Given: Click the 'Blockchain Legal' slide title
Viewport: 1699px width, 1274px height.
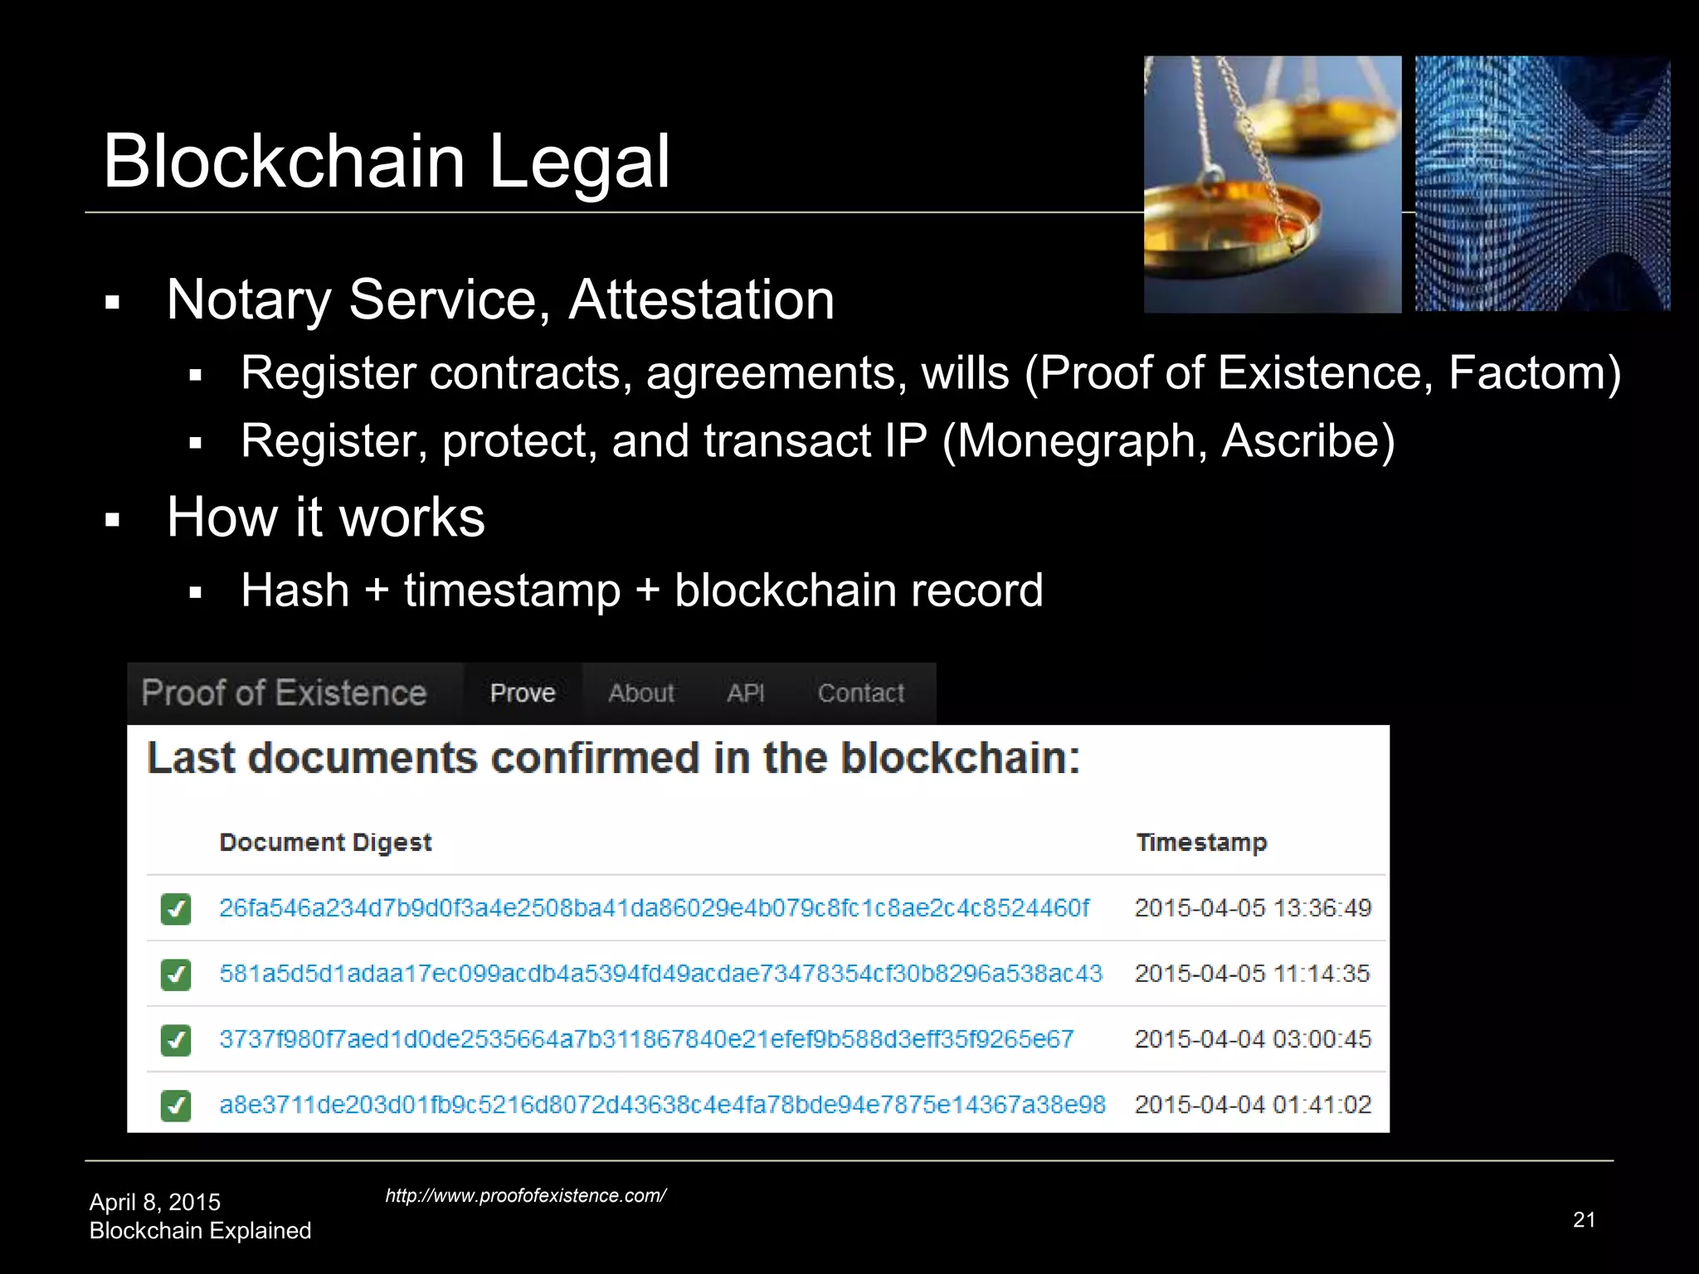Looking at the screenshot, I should click(x=386, y=161).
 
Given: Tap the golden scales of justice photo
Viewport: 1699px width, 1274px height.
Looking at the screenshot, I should click(x=1272, y=184).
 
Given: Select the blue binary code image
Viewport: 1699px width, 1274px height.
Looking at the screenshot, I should click(x=1542, y=184).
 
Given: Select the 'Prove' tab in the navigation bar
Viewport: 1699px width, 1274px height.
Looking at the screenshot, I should click(x=523, y=693).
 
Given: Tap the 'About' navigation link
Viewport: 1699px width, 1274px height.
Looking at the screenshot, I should click(x=641, y=693).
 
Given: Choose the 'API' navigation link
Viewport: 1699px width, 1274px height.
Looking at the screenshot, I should click(x=746, y=693).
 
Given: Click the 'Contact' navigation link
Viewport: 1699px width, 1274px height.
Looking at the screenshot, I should click(x=861, y=693).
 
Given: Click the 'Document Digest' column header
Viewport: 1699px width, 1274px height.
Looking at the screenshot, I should click(x=325, y=842).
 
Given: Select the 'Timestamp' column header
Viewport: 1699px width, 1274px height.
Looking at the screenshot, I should click(x=1201, y=842).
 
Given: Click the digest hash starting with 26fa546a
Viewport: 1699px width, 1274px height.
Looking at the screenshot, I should click(x=654, y=908).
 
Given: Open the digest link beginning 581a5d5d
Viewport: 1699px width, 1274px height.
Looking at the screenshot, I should click(x=660, y=974).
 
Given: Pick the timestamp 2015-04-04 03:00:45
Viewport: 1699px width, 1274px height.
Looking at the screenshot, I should click(x=1253, y=1039).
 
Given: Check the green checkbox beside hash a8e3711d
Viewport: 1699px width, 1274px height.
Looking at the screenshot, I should click(x=176, y=1106).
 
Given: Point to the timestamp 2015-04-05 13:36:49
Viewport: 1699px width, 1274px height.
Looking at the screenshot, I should click(x=1253, y=908).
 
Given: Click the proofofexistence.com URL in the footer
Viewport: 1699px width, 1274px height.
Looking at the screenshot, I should click(x=525, y=1195).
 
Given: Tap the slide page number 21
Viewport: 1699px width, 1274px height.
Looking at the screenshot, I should click(x=1584, y=1219).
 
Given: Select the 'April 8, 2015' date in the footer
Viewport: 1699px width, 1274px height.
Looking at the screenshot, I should click(x=155, y=1202).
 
